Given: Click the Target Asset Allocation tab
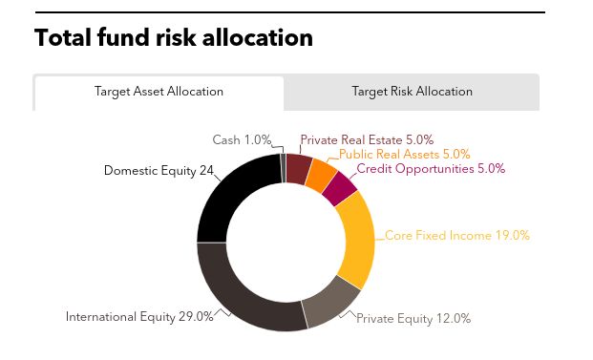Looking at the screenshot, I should [x=159, y=93].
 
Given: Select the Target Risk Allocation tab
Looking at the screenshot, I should [x=412, y=93].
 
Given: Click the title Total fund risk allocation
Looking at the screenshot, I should [x=173, y=38].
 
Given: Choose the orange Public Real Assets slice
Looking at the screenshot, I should [x=320, y=174].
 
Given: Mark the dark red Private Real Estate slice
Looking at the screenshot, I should [x=298, y=167].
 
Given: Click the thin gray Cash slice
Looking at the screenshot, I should [x=283, y=165].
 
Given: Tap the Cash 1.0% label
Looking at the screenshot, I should [x=242, y=140].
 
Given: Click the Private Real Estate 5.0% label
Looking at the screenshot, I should [x=367, y=140].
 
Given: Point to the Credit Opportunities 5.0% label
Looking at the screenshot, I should [x=431, y=169].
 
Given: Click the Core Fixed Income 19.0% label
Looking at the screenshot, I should [x=456, y=235].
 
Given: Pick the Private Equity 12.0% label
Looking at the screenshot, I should [x=413, y=319].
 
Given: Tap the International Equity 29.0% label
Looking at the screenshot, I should [x=139, y=317].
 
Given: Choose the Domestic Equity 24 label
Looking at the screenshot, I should [x=159, y=172].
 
